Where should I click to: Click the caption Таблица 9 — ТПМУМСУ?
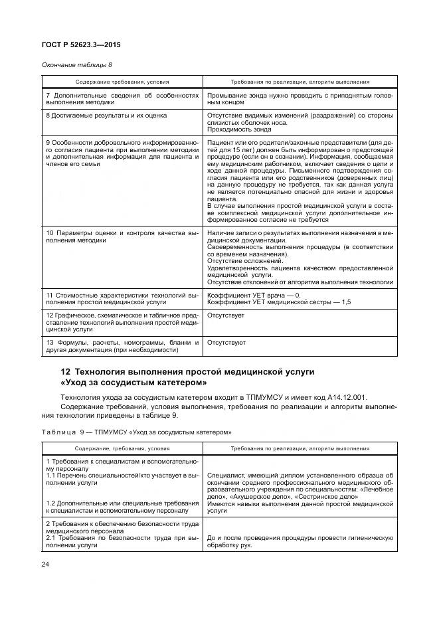(x=137, y=431)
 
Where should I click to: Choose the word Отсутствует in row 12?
(x=226, y=315)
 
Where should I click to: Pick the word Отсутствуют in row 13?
(x=226, y=343)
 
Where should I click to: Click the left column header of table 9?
(x=122, y=448)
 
